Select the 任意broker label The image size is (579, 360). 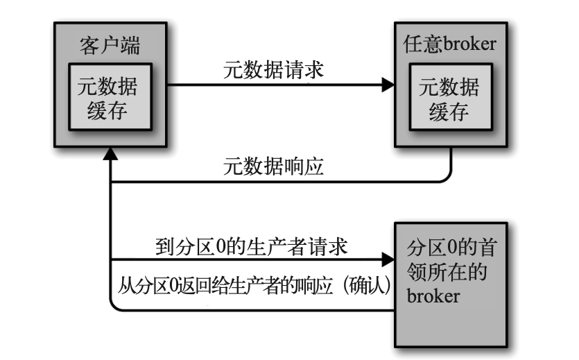(x=450, y=46)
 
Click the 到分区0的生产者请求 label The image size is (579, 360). (x=252, y=246)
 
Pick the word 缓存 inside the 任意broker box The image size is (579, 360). (x=449, y=111)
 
